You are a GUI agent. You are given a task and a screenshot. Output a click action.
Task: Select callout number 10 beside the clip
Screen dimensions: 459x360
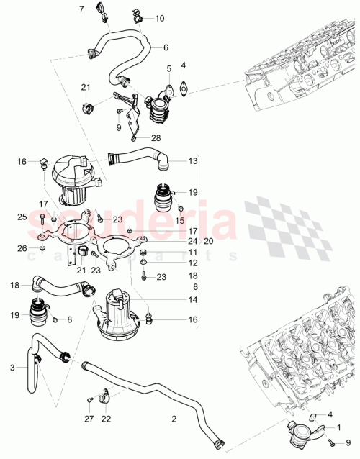(x=159, y=17)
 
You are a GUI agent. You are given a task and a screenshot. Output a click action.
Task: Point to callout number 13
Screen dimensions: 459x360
(x=193, y=162)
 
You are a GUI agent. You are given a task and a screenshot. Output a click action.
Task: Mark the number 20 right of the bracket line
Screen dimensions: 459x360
(x=210, y=240)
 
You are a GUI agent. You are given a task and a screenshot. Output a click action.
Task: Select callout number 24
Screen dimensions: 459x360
(x=193, y=240)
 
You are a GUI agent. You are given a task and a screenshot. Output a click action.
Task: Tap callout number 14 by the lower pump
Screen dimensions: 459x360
(x=193, y=299)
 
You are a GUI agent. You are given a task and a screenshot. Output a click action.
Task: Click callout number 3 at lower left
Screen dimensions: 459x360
(x=12, y=368)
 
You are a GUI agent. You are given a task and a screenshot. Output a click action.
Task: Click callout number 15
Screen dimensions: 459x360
(x=181, y=219)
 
